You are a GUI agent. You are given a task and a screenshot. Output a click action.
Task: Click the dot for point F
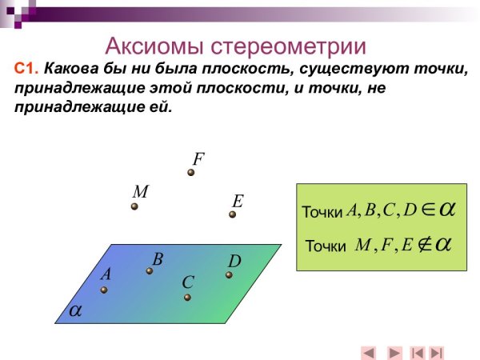click(191, 172)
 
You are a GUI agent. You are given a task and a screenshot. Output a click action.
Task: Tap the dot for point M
click(134, 206)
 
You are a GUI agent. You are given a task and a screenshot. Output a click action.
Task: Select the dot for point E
click(233, 214)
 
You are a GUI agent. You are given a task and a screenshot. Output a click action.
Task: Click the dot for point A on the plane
click(104, 290)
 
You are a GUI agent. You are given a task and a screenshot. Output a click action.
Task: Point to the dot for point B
click(150, 271)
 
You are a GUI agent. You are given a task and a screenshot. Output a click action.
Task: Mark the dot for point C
click(187, 298)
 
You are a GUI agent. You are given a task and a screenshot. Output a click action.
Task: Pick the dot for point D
click(229, 275)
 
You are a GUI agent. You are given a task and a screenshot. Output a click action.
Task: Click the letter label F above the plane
click(198, 158)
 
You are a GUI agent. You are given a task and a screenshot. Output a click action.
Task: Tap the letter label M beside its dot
click(140, 192)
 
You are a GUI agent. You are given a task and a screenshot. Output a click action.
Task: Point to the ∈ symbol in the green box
click(427, 210)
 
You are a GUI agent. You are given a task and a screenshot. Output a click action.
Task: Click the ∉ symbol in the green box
click(422, 244)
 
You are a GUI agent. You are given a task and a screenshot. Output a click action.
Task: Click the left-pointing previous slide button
click(369, 352)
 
